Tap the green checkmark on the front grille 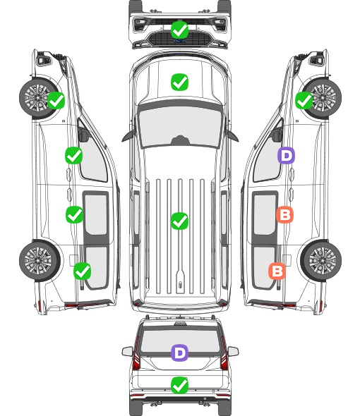coord(180,30)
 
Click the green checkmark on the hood coord(180,82)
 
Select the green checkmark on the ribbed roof coord(180,221)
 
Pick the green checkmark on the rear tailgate coord(180,385)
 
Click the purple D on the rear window coord(180,353)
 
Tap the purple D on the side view coord(286,155)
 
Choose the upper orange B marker coord(284,214)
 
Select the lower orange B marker coord(277,271)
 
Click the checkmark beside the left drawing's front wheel coord(56,100)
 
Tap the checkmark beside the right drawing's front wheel coord(304,100)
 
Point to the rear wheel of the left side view coord(39,261)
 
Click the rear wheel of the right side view coord(321,261)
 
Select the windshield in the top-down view coord(180,126)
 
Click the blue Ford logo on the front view coord(180,41)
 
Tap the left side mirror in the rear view coord(128,351)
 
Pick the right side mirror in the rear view coord(233,351)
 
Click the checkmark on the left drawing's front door coord(74,155)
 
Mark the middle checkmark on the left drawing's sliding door coord(74,214)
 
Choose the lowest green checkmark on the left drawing coord(83,271)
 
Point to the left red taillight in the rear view coord(136,354)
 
